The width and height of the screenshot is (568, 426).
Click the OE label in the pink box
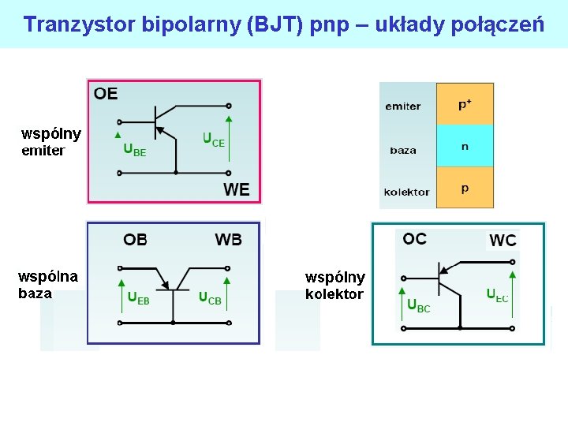[106, 94]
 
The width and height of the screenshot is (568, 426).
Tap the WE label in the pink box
[237, 189]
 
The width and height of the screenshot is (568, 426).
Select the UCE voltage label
[214, 140]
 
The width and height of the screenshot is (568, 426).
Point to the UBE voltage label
[134, 150]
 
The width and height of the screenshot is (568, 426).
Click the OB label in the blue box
[135, 239]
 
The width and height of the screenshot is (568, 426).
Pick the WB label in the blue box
[229, 239]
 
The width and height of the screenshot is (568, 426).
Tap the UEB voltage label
[138, 298]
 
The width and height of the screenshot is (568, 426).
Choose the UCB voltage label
[210, 298]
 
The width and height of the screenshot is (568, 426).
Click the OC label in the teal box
[414, 238]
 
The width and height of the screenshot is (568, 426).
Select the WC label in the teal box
[503, 240]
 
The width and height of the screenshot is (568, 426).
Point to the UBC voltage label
[419, 305]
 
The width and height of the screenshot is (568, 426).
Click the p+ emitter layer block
[465, 104]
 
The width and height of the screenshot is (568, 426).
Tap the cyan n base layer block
[465, 146]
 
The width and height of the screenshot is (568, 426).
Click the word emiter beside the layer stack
[403, 106]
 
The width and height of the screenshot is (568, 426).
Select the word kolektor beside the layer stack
[407, 192]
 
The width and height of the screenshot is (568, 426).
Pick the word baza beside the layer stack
[403, 150]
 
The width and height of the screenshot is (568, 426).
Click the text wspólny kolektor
[335, 286]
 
